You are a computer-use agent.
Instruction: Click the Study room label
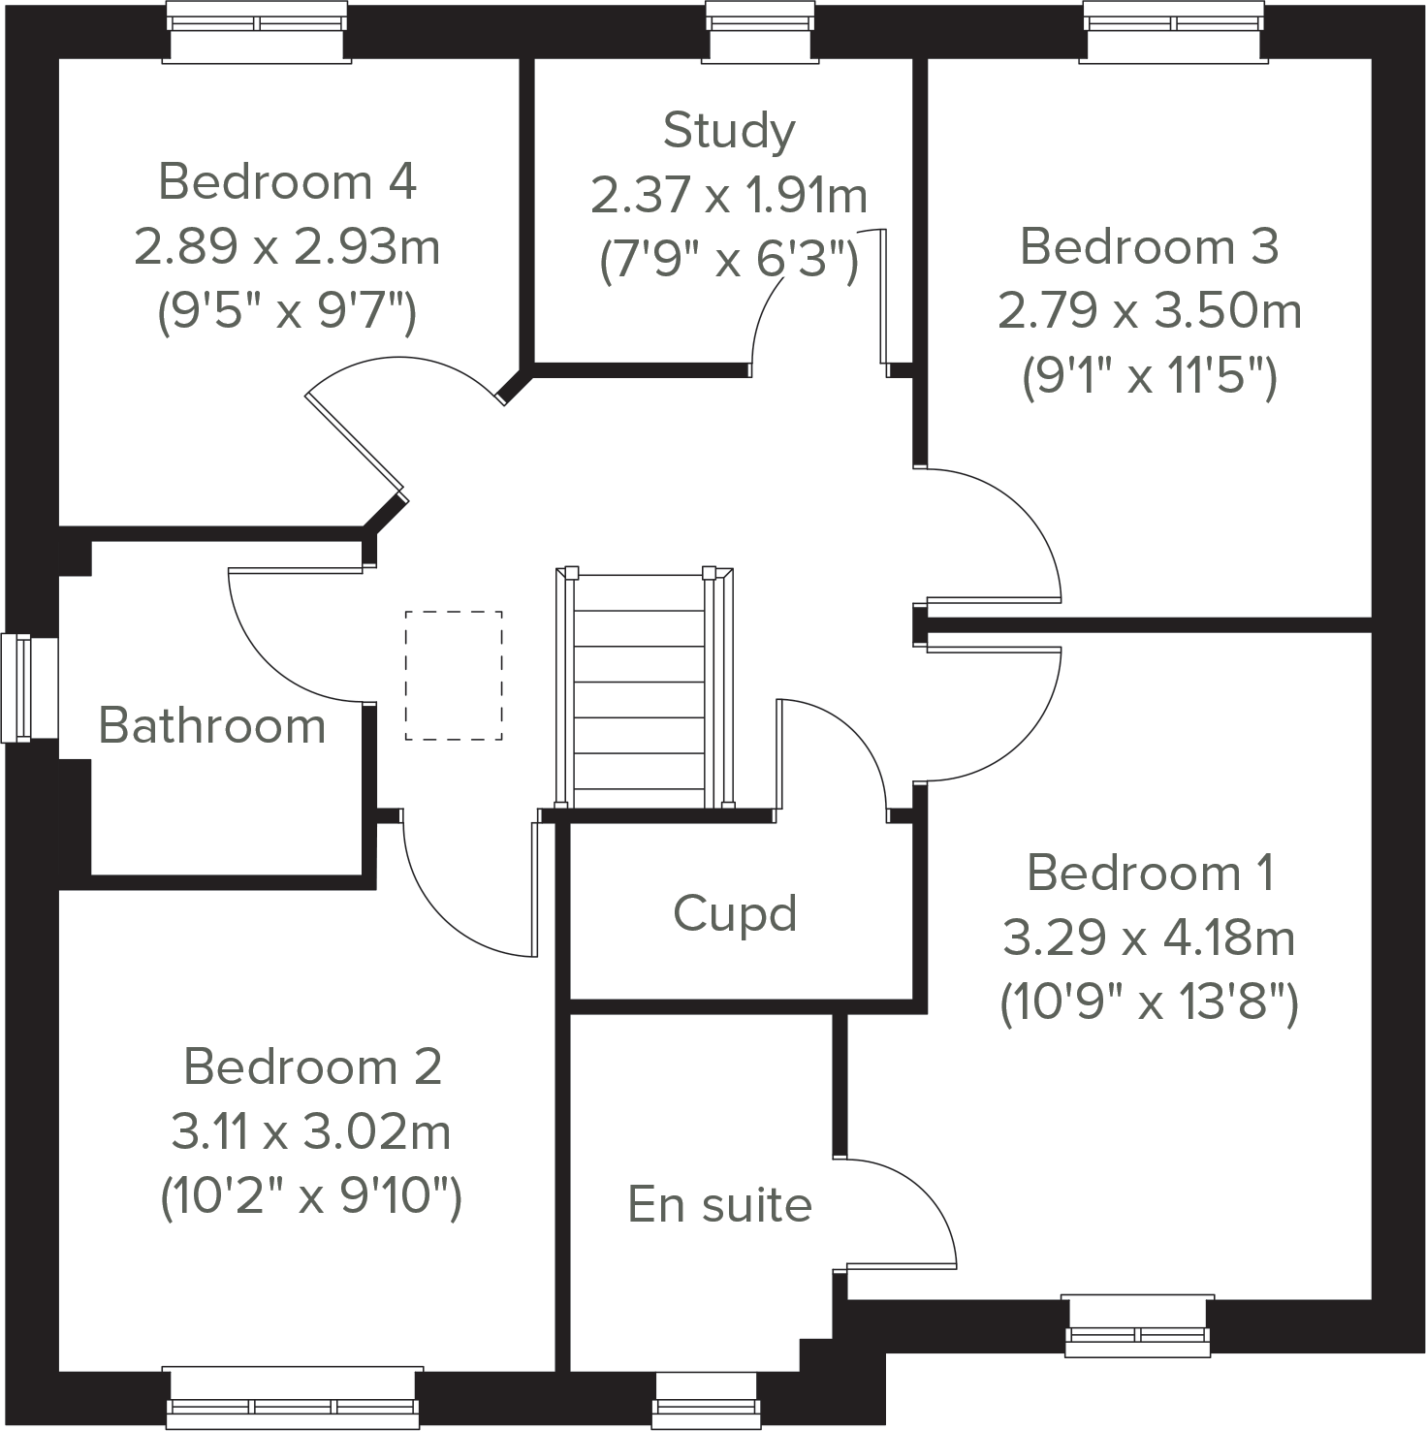[729, 131]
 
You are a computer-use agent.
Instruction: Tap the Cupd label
[735, 913]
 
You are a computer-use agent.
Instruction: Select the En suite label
[719, 1204]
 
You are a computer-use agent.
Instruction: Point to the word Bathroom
[212, 725]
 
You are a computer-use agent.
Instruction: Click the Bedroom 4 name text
[287, 182]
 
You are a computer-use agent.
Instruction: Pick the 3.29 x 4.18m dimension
[1149, 938]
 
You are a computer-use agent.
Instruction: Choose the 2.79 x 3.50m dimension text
[1150, 311]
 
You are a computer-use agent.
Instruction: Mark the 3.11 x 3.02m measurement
[310, 1131]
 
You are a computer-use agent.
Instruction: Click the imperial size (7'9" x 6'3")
[729, 260]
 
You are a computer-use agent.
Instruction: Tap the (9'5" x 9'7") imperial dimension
[287, 312]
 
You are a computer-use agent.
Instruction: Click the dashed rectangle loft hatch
[454, 676]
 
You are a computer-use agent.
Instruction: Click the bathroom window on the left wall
[17, 687]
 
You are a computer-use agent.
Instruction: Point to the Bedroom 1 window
[1138, 1325]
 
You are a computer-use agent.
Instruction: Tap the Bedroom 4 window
[257, 31]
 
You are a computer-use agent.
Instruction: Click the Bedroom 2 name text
[312, 1066]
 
